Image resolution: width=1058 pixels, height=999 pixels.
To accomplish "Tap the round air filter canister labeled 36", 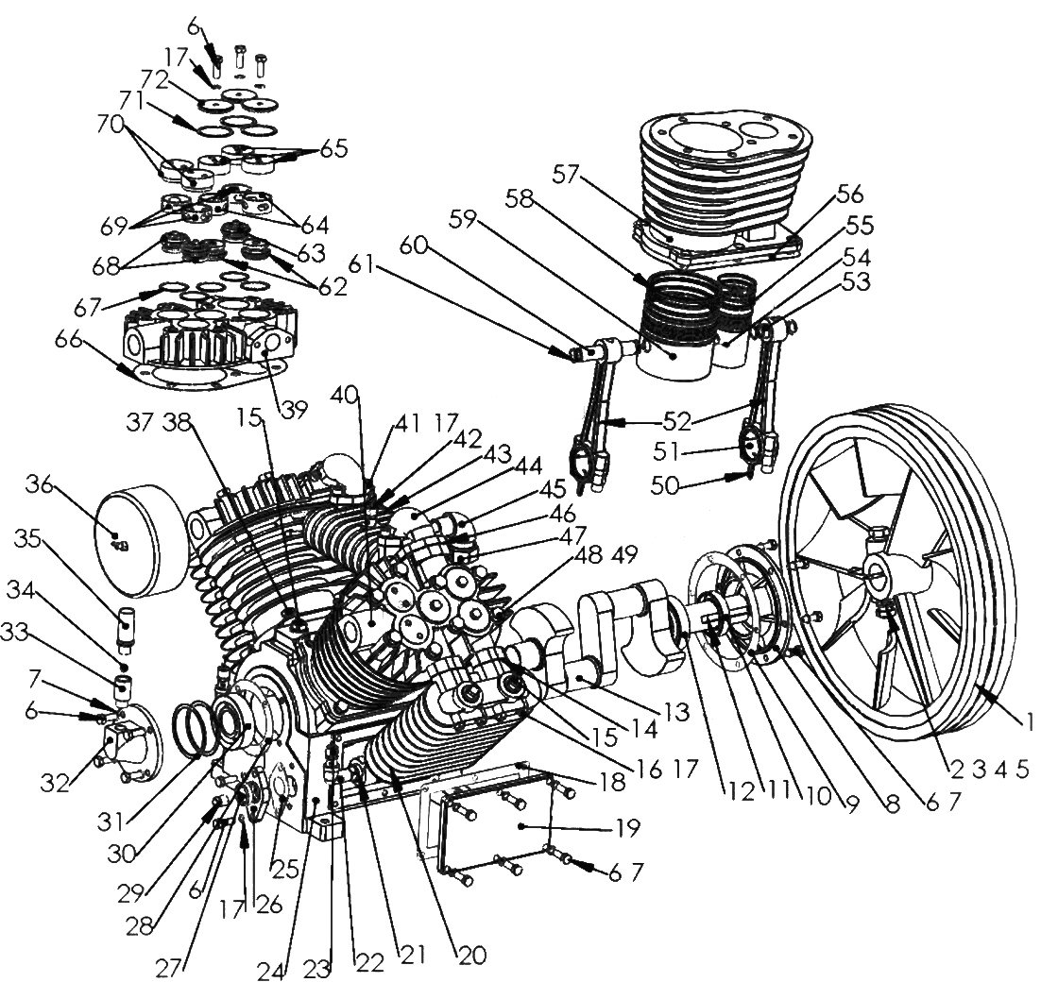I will (143, 541).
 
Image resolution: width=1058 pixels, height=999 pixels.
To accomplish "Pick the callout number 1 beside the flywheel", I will (1030, 723).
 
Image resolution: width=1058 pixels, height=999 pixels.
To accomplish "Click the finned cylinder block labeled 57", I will (722, 179).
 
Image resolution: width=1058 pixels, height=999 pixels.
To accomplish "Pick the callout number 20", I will (471, 956).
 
